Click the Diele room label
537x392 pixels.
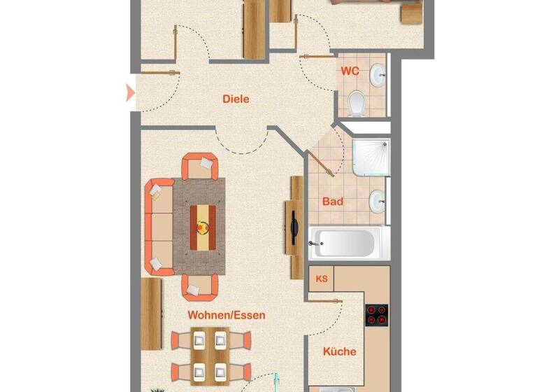tap(236, 99)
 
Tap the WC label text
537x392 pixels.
tap(350, 71)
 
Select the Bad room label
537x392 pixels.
tap(333, 202)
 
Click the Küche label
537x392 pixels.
tap(338, 351)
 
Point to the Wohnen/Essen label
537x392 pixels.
tap(226, 315)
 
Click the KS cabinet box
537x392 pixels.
tap(322, 279)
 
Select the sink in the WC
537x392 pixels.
tap(378, 73)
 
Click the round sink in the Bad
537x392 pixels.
tap(378, 202)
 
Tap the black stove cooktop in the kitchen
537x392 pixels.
tap(377, 315)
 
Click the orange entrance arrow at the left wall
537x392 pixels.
tap(129, 92)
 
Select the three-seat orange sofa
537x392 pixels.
tap(159, 225)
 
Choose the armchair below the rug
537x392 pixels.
tap(200, 286)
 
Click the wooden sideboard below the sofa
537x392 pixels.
tap(151, 313)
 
